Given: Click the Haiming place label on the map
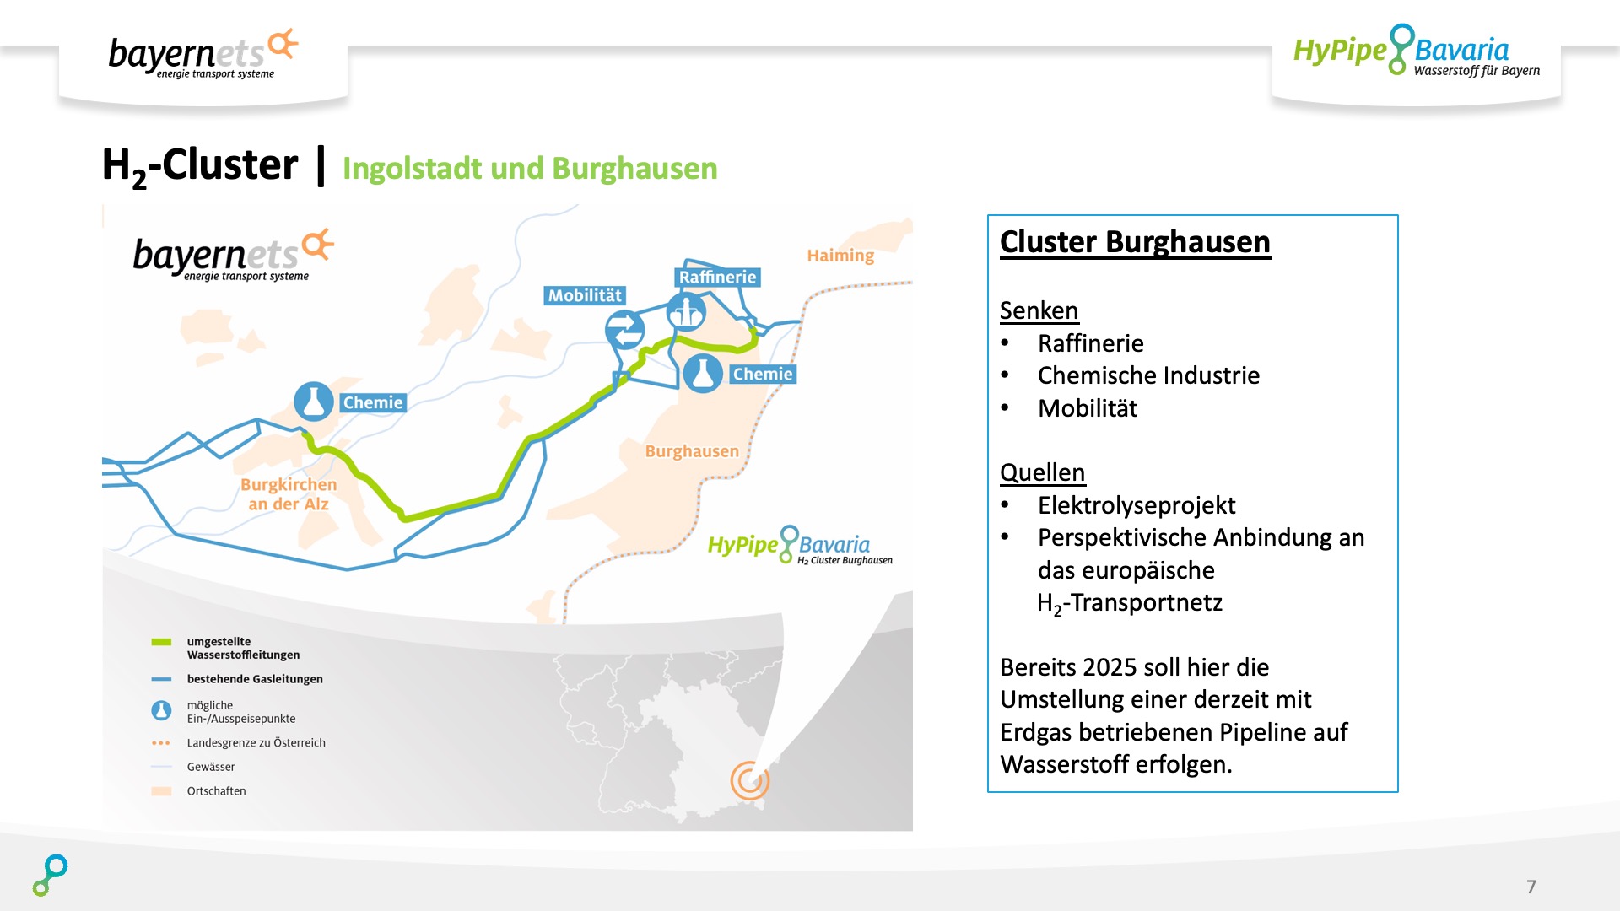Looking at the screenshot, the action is point(840,256).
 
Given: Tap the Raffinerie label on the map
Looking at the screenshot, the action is point(718,278).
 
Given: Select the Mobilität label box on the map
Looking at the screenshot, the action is point(585,295).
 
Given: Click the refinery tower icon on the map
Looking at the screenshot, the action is point(686,313).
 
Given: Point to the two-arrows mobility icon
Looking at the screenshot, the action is point(625,330).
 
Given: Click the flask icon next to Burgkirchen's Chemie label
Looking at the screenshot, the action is point(313,402).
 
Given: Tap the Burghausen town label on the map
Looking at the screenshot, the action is point(692,451).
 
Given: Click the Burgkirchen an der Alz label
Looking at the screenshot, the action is point(289,494).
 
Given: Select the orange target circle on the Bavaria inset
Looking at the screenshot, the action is point(749,780).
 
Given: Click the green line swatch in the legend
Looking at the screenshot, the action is point(161,642).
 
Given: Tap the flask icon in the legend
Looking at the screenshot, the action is point(161,711).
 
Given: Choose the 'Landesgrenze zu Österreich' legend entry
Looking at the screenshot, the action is point(256,743).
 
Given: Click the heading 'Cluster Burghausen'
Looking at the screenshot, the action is point(1135,242).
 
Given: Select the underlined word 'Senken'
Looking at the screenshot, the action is point(1039,310).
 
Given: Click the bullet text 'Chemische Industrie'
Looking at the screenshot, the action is point(1148,375).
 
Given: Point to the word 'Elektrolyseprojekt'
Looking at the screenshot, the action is point(1137,505).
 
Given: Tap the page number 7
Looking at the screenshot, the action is point(1531,887).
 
